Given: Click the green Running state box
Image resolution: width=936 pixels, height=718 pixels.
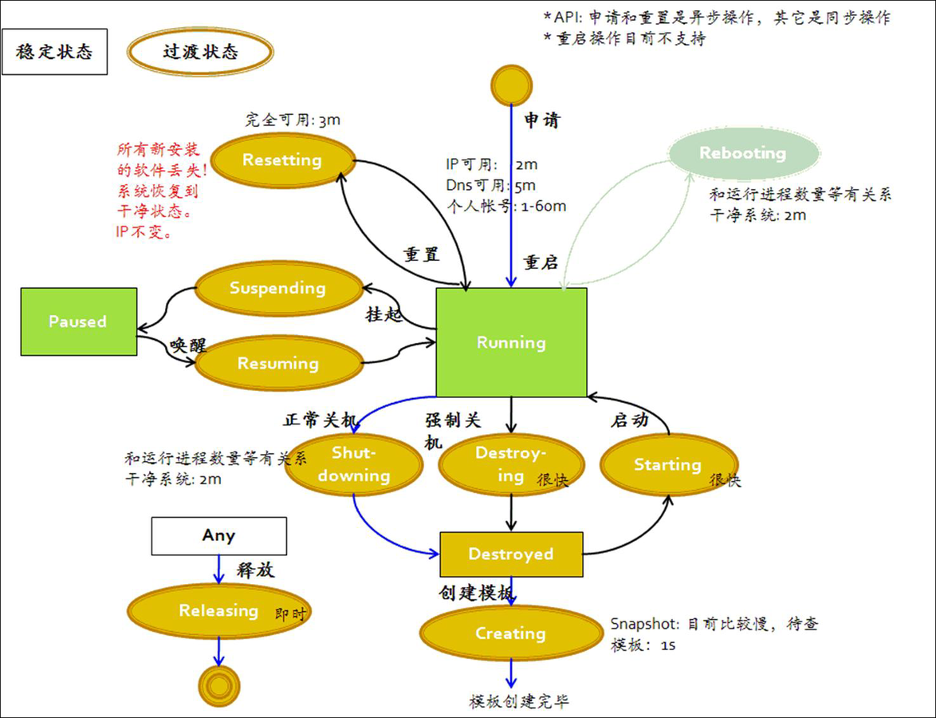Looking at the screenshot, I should (x=511, y=342).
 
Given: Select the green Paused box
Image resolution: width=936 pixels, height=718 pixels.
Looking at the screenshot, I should (x=78, y=322).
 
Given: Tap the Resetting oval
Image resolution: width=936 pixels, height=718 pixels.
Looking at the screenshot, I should (x=281, y=160).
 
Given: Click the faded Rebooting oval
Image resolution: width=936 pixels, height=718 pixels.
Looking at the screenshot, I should (x=742, y=153).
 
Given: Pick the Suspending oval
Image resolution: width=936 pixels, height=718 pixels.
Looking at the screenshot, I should (x=277, y=288).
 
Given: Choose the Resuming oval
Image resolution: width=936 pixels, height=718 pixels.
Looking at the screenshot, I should (x=277, y=364).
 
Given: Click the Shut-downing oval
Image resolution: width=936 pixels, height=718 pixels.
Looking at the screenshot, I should (x=352, y=464).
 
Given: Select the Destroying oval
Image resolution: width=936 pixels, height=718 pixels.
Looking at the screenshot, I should (x=510, y=464).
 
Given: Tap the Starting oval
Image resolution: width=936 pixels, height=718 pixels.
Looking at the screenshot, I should (x=668, y=464).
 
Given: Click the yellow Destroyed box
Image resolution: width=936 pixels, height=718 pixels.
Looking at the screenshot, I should (x=511, y=554).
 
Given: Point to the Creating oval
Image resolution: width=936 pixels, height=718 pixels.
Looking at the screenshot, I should (x=510, y=633).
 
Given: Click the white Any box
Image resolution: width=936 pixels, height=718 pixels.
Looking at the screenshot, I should (x=218, y=535).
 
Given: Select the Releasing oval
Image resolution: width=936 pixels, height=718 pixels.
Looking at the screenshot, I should (x=218, y=611).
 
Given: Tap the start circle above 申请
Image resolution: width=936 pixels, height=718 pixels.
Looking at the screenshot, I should (x=511, y=84).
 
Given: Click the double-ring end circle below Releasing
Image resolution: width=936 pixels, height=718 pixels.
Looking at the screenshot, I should (x=218, y=686).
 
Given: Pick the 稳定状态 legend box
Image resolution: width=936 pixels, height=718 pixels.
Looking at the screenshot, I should (x=54, y=53).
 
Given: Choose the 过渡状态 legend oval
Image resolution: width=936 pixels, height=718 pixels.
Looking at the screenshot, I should (x=200, y=53).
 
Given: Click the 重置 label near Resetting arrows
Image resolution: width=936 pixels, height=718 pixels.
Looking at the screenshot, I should (x=421, y=254).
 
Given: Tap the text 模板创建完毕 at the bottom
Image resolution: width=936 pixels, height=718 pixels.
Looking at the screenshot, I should (x=519, y=701).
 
